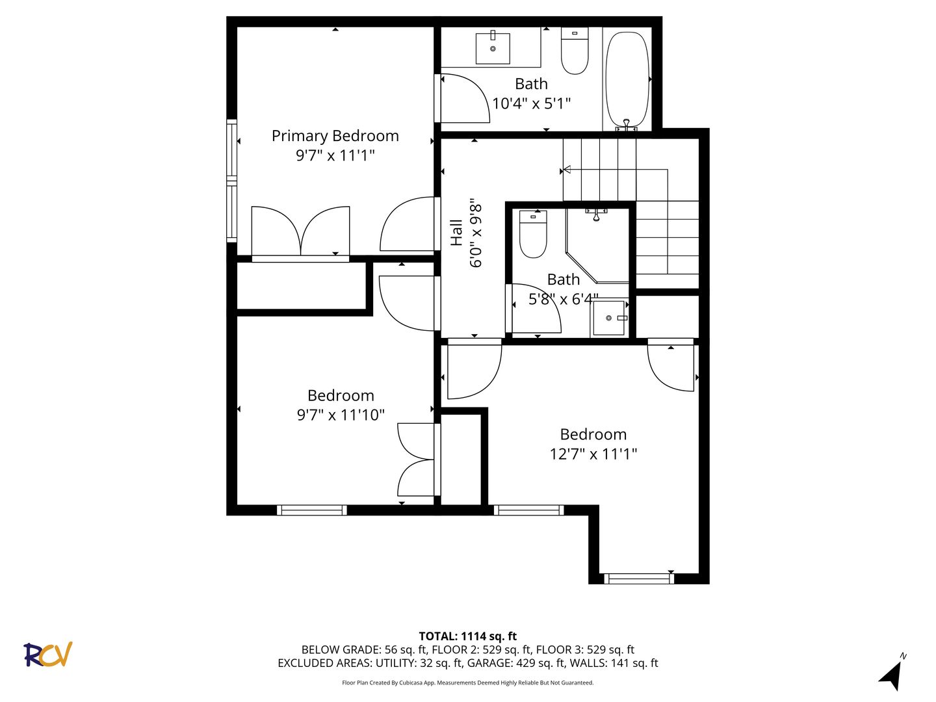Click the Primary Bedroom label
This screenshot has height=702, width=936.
(x=335, y=136)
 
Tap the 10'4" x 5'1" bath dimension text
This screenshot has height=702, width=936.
(x=531, y=103)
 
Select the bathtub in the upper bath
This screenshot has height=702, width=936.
(x=627, y=79)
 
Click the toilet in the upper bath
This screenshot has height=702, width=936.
(x=575, y=51)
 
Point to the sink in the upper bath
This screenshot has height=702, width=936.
(x=493, y=49)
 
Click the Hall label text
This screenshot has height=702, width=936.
(x=457, y=233)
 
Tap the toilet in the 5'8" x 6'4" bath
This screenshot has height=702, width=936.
(x=532, y=235)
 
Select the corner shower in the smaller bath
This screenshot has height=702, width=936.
(x=597, y=246)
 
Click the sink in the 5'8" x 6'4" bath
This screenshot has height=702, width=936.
(x=609, y=318)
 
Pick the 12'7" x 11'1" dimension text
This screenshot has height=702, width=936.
(x=593, y=454)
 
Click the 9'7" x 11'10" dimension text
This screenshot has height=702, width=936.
(x=341, y=415)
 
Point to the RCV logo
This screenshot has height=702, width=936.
(x=47, y=655)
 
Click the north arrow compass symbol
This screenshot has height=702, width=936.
(x=891, y=674)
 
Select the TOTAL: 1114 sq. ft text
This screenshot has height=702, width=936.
(x=468, y=636)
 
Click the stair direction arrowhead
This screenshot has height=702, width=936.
(x=567, y=170)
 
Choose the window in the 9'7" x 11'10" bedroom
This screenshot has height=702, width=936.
(x=312, y=510)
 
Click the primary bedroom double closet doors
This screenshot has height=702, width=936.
(x=301, y=232)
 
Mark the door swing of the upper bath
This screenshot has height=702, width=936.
(x=465, y=98)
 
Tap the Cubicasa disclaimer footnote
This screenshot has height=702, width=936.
(x=468, y=682)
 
